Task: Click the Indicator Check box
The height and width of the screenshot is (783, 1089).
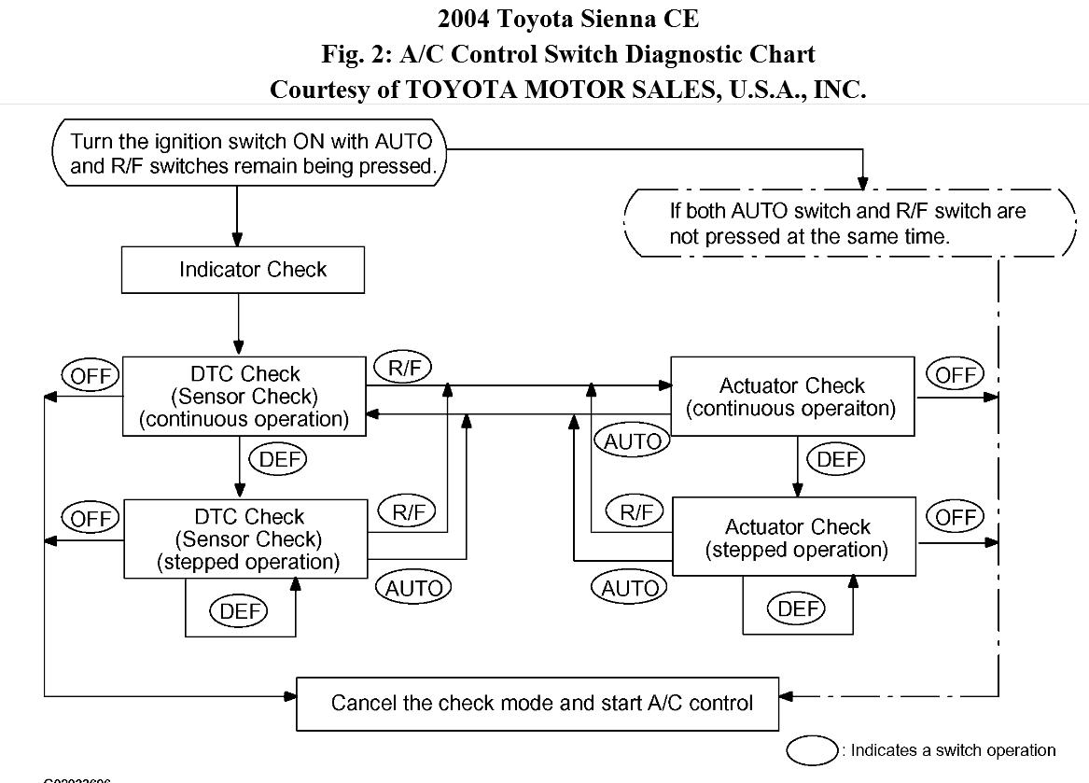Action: pyautogui.click(x=243, y=270)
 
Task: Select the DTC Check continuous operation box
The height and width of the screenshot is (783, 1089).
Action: pyautogui.click(x=244, y=397)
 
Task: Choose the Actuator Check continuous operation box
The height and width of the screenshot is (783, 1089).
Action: pyautogui.click(x=793, y=397)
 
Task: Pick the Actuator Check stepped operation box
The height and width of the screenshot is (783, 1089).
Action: pyautogui.click(x=795, y=538)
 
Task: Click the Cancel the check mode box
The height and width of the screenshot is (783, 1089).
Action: pyautogui.click(x=538, y=703)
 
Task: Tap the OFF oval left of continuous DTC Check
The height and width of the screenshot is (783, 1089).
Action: pyautogui.click(x=90, y=376)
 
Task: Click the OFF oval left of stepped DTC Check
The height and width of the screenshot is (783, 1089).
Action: pyautogui.click(x=90, y=519)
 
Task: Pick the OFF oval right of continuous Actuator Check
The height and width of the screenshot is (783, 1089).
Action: pyautogui.click(x=956, y=375)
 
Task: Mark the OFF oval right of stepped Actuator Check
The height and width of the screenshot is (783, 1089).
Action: pyautogui.click(x=956, y=517)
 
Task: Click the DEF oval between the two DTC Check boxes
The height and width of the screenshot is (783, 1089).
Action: pyautogui.click(x=279, y=459)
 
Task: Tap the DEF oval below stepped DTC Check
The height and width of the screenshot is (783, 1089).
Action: pyautogui.click(x=239, y=611)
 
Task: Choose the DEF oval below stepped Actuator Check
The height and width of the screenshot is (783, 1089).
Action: pyautogui.click(x=798, y=609)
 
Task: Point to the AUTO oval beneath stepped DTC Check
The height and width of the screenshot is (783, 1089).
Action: pyautogui.click(x=412, y=588)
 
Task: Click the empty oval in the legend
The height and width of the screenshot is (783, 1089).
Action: pyautogui.click(x=812, y=750)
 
